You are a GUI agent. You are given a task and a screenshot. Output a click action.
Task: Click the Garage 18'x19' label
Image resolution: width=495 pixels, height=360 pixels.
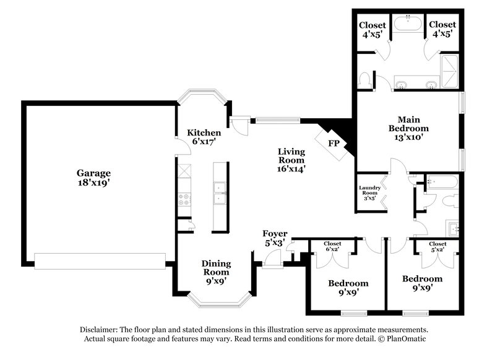click(x=94, y=178)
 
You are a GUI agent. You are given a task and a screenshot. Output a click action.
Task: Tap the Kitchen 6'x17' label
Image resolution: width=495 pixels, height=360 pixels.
click(x=204, y=137)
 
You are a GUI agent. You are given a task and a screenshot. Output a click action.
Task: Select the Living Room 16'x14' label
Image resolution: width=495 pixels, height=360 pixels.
click(x=291, y=160)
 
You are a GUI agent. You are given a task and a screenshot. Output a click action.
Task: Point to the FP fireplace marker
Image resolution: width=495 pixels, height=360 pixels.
click(x=334, y=144)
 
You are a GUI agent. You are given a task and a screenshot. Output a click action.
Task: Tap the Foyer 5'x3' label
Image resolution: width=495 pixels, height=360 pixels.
click(x=275, y=238)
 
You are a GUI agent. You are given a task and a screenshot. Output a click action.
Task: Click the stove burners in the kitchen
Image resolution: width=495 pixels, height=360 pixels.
click(x=184, y=199)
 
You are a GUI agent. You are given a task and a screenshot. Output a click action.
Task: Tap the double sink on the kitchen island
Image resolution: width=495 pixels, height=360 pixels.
click(x=220, y=193)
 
